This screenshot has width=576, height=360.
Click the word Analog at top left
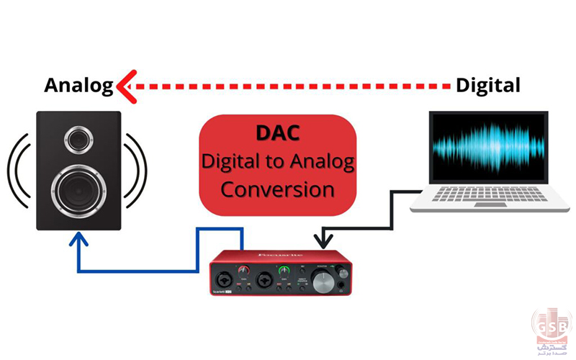point(78,86)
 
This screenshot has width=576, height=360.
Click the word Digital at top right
point(487,86)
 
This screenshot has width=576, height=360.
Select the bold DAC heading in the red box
point(277,134)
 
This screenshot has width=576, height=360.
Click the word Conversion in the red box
point(277,189)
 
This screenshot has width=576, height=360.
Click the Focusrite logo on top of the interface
point(273,253)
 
